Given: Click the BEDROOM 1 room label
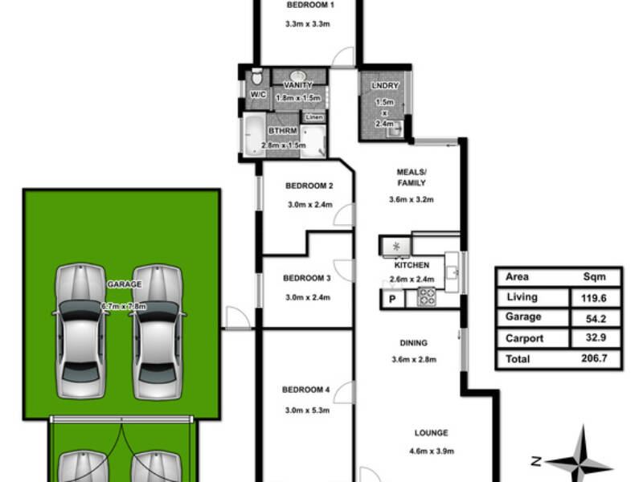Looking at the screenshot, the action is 310,6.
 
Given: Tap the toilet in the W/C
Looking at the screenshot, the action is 256,76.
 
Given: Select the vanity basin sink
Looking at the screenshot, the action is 298,76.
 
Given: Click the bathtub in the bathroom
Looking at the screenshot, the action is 254,135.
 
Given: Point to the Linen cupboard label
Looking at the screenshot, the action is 314,117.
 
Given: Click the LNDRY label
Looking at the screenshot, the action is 385,86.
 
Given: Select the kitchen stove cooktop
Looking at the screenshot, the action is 427,296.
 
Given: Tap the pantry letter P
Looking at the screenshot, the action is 392,299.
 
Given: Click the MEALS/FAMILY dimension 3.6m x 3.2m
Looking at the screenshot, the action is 411,199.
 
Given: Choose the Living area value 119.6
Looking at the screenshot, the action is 593,298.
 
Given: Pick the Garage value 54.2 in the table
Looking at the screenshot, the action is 596,318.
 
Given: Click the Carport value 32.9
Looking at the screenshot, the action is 596,337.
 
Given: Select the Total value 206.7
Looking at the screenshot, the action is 594,358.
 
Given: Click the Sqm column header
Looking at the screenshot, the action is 594,277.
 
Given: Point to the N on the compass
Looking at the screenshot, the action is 536,461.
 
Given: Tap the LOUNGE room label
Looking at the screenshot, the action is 431,433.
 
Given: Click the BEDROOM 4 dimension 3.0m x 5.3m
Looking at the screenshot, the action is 307,411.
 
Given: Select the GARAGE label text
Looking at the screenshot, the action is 125,284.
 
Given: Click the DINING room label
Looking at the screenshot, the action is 413,343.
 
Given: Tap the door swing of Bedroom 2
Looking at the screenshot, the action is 344,214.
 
